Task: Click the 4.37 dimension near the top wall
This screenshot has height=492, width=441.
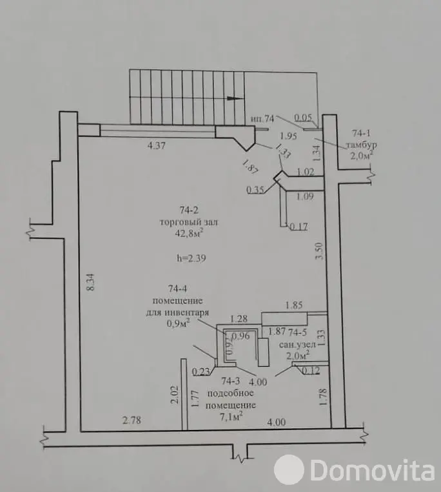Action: pyautogui.click(x=156, y=146)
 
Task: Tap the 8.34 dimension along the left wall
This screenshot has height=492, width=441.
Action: pyautogui.click(x=90, y=283)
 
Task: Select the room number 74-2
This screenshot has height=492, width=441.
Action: pyautogui.click(x=189, y=210)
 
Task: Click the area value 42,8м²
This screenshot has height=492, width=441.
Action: pyautogui.click(x=189, y=233)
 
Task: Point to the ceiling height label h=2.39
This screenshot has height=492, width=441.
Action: pyautogui.click(x=191, y=258)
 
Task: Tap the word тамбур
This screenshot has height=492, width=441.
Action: pyautogui.click(x=362, y=145)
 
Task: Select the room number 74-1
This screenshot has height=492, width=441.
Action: pyautogui.click(x=362, y=133)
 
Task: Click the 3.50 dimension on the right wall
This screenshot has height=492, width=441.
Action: pyautogui.click(x=318, y=251)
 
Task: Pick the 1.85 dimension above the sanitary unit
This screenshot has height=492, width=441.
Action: pyautogui.click(x=294, y=305)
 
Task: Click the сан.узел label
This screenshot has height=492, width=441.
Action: pyautogui.click(x=297, y=345)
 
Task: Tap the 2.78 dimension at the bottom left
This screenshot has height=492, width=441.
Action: pyautogui.click(x=132, y=420)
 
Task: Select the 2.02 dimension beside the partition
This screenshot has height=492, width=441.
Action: pyautogui.click(x=174, y=395)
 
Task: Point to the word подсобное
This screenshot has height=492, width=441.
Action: pyautogui.click(x=230, y=393)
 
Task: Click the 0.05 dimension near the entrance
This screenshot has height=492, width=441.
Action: pyautogui.click(x=304, y=118)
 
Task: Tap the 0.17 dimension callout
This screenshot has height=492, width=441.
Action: pyautogui.click(x=299, y=227)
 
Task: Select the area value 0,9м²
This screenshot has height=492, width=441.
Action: pyautogui.click(x=179, y=323)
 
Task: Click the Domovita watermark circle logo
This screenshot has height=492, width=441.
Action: pyautogui.click(x=289, y=469)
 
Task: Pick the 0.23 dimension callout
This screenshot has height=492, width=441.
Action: pyautogui.click(x=201, y=371)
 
